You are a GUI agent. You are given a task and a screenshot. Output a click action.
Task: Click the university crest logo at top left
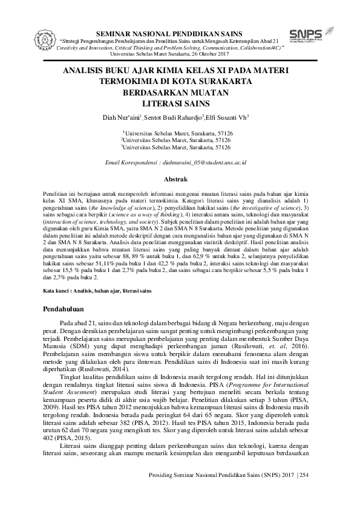(24, 37)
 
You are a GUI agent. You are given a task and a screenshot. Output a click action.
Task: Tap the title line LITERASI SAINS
(175, 103)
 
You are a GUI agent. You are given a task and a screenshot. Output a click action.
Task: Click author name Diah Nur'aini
(121, 117)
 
